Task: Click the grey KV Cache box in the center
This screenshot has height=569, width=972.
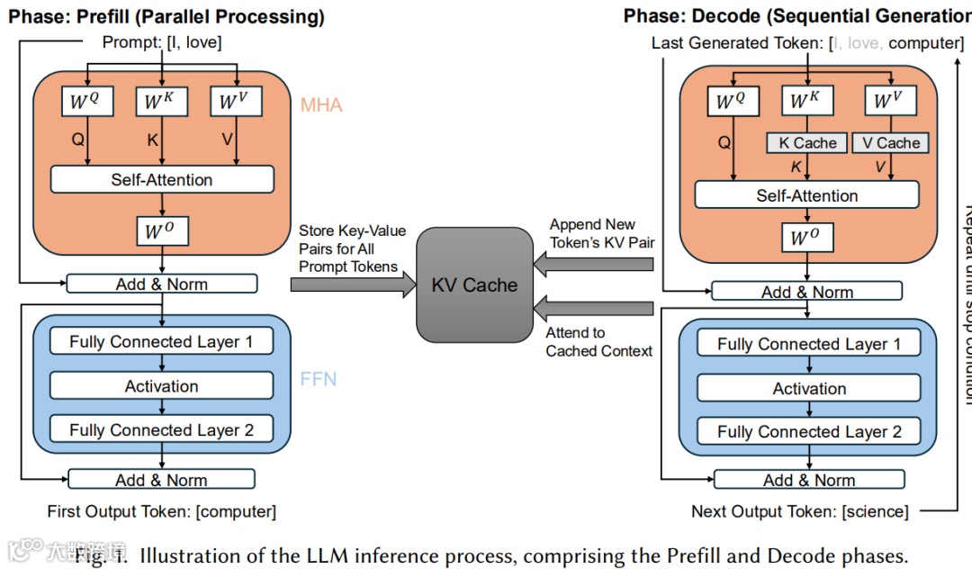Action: click(473, 284)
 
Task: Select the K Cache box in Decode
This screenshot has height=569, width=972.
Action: click(807, 142)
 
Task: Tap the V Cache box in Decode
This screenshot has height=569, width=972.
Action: click(891, 142)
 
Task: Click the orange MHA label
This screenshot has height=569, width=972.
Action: click(321, 105)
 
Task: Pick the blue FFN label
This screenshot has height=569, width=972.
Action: click(319, 379)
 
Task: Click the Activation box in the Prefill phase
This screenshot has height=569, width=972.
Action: click(162, 386)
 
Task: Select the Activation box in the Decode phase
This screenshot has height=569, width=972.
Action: click(809, 389)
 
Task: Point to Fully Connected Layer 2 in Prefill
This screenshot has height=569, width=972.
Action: click(162, 430)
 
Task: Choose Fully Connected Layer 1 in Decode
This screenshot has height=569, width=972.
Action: click(809, 344)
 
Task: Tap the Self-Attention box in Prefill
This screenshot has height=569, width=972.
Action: click(162, 179)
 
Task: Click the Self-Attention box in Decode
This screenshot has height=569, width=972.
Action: click(807, 195)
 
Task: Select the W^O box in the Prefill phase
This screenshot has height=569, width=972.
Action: click(162, 231)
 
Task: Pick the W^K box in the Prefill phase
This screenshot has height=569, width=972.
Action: click(162, 101)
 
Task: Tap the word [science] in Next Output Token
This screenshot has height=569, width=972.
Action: click(875, 511)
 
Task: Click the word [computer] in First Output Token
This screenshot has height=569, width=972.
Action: click(236, 511)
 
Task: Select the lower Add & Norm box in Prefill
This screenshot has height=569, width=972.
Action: click(162, 480)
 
